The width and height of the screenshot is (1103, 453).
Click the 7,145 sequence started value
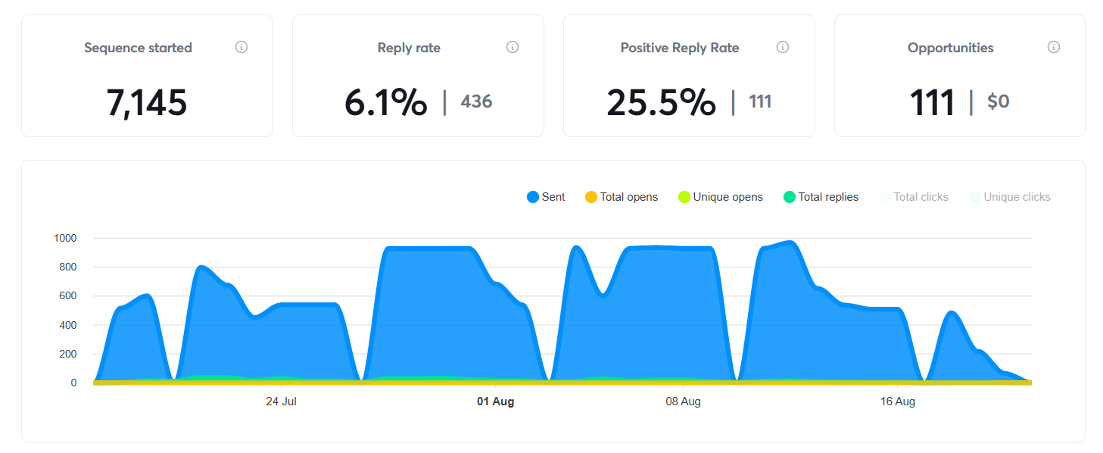point(147,103)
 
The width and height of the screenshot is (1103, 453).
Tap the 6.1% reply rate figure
point(385,103)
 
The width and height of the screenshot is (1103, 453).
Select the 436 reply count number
point(476,102)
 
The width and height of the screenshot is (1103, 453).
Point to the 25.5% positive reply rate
point(661,103)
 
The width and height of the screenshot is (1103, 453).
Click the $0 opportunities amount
point(998,102)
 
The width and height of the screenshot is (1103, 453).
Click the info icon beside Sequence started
point(241,47)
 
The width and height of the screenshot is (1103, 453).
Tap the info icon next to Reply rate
point(513,47)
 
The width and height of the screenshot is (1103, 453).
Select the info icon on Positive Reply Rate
point(783,47)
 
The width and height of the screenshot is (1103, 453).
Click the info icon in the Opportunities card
point(1054,47)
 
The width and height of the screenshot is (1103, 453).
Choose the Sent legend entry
point(546,197)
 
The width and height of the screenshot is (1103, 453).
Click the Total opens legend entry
point(622,197)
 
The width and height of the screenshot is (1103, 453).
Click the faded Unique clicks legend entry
point(1009,197)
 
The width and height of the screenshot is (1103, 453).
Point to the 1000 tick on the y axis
point(65,238)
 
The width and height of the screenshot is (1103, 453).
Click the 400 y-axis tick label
point(68,325)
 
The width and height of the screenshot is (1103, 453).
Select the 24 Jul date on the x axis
point(281,401)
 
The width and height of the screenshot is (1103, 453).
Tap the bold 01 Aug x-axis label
point(495,401)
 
